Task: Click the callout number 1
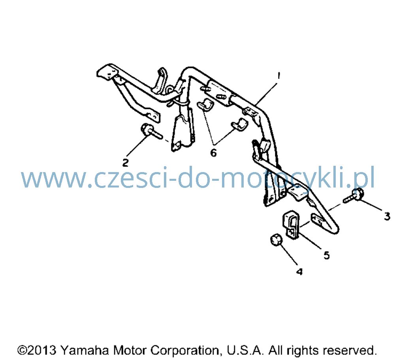point(278,75)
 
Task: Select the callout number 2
point(126,163)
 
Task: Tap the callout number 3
point(387,216)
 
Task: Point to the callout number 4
point(299,272)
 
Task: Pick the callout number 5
point(327,255)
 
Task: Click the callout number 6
point(213,153)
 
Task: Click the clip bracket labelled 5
point(291,225)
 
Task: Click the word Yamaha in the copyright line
point(85,350)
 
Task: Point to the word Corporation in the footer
point(184,351)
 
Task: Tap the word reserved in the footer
point(350,351)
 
